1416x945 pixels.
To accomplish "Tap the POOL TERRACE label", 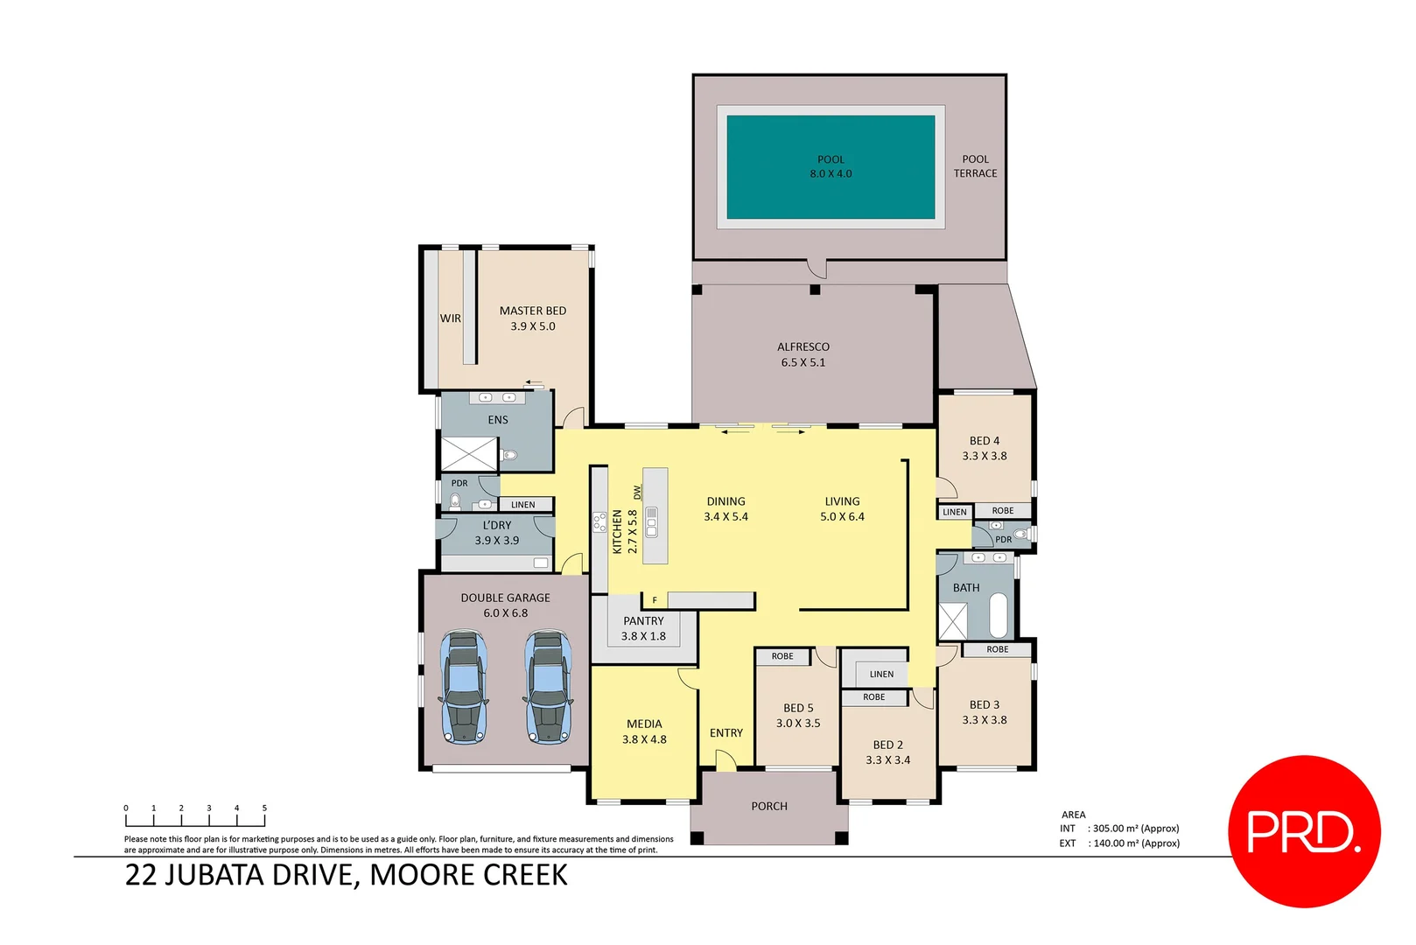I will pyautogui.click(x=975, y=166).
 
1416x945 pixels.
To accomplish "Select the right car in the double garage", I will pyautogui.click(x=548, y=688).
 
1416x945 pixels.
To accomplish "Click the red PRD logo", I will pyautogui.click(x=1304, y=830).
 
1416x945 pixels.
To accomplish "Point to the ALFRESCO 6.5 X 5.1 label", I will pyautogui.click(x=803, y=354).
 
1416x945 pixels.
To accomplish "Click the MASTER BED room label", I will pyautogui.click(x=532, y=311).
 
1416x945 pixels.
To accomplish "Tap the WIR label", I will pyautogui.click(x=450, y=318).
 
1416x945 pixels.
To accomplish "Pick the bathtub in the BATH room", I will pyautogui.click(x=999, y=615).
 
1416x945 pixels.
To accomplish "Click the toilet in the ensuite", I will pyautogui.click(x=509, y=455).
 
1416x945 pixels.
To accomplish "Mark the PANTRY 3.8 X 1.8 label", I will pyautogui.click(x=643, y=628).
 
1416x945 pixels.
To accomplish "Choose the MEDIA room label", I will pyautogui.click(x=644, y=724).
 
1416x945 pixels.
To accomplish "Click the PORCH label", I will pyautogui.click(x=769, y=807).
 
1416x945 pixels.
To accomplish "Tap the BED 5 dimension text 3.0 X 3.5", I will pyautogui.click(x=798, y=724).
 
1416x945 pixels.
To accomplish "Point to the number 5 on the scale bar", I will pyautogui.click(x=264, y=808).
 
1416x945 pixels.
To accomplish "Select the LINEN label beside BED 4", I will pyautogui.click(x=955, y=513).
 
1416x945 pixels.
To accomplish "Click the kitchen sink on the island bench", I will pyautogui.click(x=651, y=521).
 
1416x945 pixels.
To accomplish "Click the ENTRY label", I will pyautogui.click(x=726, y=733).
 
